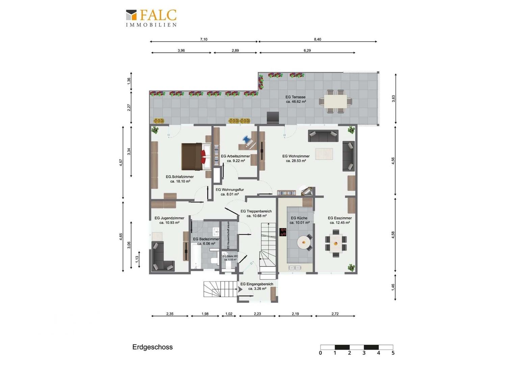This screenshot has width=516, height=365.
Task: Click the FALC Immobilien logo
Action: (151, 18)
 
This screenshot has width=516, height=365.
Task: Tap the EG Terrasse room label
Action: (295, 99)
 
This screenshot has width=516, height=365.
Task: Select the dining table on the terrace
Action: (336, 101)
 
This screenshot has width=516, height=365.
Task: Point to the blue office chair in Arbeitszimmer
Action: (247, 139)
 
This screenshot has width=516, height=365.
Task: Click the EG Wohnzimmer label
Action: (296, 159)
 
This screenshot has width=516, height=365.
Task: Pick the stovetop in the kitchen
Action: (283, 232)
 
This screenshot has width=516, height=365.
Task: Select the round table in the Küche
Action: (303, 242)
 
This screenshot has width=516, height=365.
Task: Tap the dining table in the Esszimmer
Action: (336, 243)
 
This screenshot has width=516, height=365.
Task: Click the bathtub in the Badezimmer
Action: (196, 257)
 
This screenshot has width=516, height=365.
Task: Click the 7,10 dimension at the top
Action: (204, 39)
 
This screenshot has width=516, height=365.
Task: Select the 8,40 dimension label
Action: (317, 39)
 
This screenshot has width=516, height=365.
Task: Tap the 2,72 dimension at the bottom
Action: (335, 314)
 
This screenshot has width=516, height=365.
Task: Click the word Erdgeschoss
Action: (152, 347)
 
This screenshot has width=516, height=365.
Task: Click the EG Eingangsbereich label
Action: (257, 286)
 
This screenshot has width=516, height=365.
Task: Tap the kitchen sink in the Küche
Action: (294, 268)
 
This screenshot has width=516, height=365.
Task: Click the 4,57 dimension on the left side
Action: (121, 163)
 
